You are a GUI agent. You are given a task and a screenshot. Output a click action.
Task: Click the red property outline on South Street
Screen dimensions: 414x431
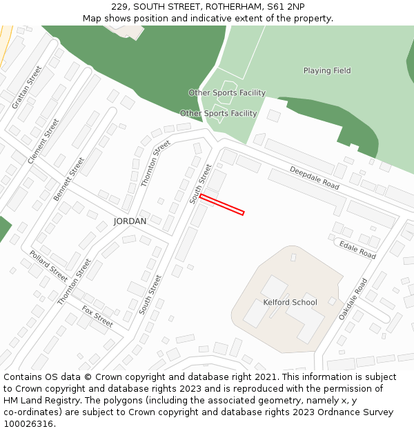[x=222, y=205]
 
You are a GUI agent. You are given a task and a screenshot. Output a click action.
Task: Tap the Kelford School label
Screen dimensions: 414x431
[x=290, y=302]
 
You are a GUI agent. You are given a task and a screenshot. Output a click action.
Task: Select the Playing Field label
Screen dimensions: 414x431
[x=327, y=70]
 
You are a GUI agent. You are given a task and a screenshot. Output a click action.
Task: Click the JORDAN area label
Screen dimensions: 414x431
[x=130, y=221]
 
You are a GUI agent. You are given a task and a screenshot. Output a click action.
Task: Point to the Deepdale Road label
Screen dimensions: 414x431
[x=315, y=178]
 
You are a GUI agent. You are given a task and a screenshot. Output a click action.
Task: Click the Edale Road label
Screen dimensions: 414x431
[x=357, y=249]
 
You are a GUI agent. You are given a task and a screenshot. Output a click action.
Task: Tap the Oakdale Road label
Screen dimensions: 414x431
[x=353, y=299]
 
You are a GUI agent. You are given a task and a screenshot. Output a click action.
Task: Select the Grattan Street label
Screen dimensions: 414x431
[x=27, y=87]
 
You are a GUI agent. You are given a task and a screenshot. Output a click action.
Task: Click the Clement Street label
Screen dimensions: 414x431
[x=43, y=141]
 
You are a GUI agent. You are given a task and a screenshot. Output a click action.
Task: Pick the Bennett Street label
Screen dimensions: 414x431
[x=69, y=179]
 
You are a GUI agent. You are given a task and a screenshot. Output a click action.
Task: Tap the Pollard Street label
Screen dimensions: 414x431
[x=48, y=266]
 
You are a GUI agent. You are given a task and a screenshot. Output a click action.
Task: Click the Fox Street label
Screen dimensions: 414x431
[x=97, y=316]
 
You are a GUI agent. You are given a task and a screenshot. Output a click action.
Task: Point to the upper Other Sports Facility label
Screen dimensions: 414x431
[x=227, y=92]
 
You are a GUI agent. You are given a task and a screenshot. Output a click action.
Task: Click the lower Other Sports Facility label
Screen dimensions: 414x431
[x=218, y=113]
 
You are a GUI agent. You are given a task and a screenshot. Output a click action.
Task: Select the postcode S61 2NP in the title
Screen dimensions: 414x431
[x=286, y=7]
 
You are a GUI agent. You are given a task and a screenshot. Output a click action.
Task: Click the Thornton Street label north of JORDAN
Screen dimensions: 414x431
[x=155, y=163]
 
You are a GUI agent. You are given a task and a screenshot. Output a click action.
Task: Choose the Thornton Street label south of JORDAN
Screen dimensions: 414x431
[x=75, y=282]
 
